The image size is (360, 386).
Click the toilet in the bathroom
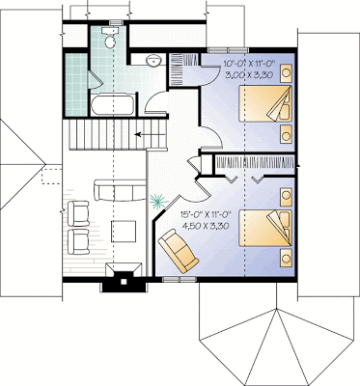[110, 38]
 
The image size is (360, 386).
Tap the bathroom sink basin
[153, 60]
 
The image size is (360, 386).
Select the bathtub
[113, 105]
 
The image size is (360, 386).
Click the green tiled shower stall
[76, 85]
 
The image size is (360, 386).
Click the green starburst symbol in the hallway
[158, 201]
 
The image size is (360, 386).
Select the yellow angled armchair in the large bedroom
[179, 250]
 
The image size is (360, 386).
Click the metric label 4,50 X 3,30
[206, 226]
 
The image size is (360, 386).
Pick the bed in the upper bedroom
[265, 103]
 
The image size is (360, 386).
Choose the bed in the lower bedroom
[265, 229]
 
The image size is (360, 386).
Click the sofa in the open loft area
[120, 190]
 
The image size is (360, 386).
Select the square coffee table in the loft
[124, 232]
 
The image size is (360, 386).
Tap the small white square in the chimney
[124, 282]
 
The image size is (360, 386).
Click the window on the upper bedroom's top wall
[228, 50]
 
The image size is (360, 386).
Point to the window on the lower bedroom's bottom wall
[180, 279]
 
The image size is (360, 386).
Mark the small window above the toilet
[114, 22]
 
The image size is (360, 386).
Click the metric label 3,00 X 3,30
[250, 75]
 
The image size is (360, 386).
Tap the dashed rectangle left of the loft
[51, 176]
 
